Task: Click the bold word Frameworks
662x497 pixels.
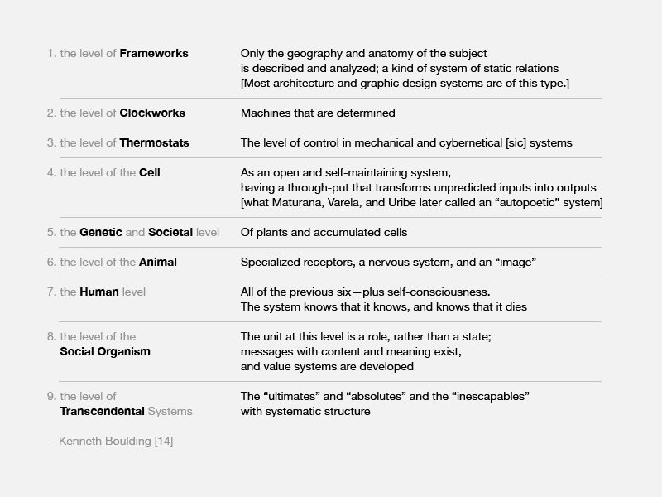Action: click(x=154, y=54)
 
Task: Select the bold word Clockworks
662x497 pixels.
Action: click(x=152, y=113)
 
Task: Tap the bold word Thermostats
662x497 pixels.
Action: click(x=154, y=143)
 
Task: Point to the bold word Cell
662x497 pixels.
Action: click(x=150, y=173)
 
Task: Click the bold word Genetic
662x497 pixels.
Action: click(x=100, y=233)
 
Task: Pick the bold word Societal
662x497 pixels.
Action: click(x=170, y=233)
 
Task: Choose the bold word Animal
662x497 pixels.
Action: click(x=157, y=263)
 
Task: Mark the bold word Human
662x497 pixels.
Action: click(x=99, y=292)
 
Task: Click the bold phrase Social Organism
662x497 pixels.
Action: click(x=105, y=351)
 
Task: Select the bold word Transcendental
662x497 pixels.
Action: click(x=102, y=411)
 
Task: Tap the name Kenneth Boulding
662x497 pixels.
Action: click(x=105, y=442)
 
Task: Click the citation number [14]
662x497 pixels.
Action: click(x=164, y=442)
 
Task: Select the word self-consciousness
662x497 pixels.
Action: click(x=443, y=292)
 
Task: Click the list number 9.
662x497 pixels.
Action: click(x=50, y=396)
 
